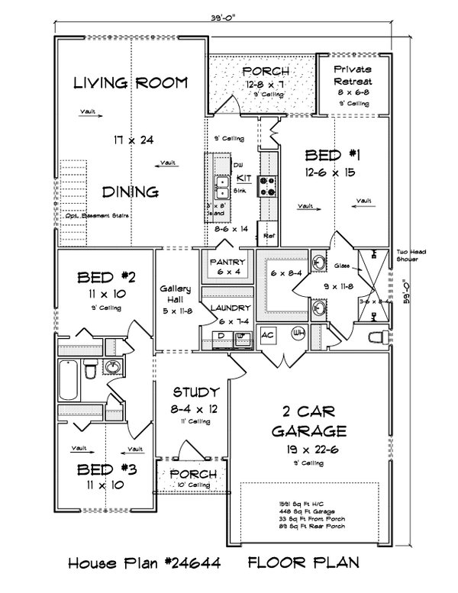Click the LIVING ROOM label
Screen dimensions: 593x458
point(131,83)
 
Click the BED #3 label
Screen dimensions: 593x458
point(107,468)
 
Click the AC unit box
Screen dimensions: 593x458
point(267,334)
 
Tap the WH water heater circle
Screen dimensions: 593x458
point(299,333)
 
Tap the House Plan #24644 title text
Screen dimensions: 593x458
point(144,566)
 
